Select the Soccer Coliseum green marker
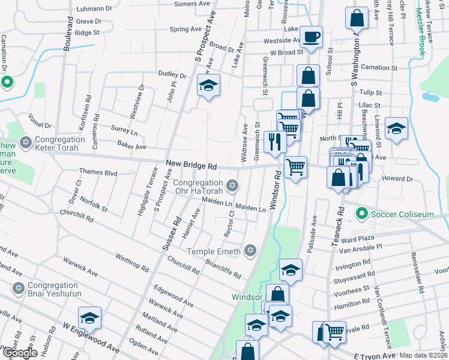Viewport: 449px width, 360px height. pyautogui.click(x=361, y=213)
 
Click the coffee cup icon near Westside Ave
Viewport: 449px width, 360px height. pyautogui.click(x=311, y=37)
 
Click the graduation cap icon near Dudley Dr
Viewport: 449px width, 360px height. pyautogui.click(x=208, y=85)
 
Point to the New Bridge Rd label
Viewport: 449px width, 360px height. pyautogui.click(x=191, y=164)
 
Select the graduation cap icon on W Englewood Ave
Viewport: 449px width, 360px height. pyautogui.click(x=90, y=317)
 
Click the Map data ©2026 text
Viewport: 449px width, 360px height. pyautogui.click(x=424, y=355)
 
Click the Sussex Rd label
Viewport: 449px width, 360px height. pyautogui.click(x=170, y=232)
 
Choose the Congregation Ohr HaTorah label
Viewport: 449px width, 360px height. pyautogui.click(x=198, y=187)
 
